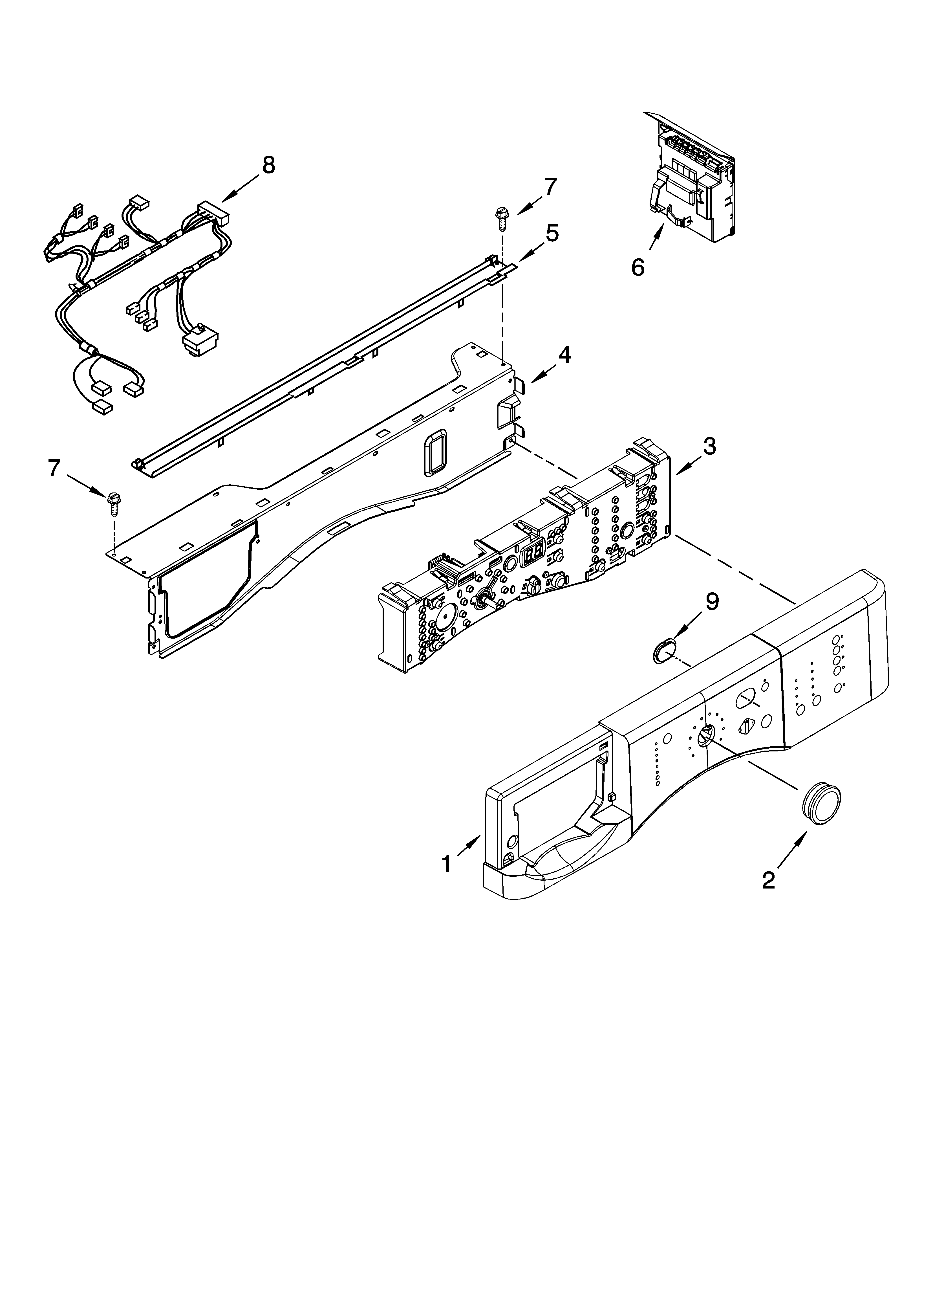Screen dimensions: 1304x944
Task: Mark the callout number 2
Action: (769, 880)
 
